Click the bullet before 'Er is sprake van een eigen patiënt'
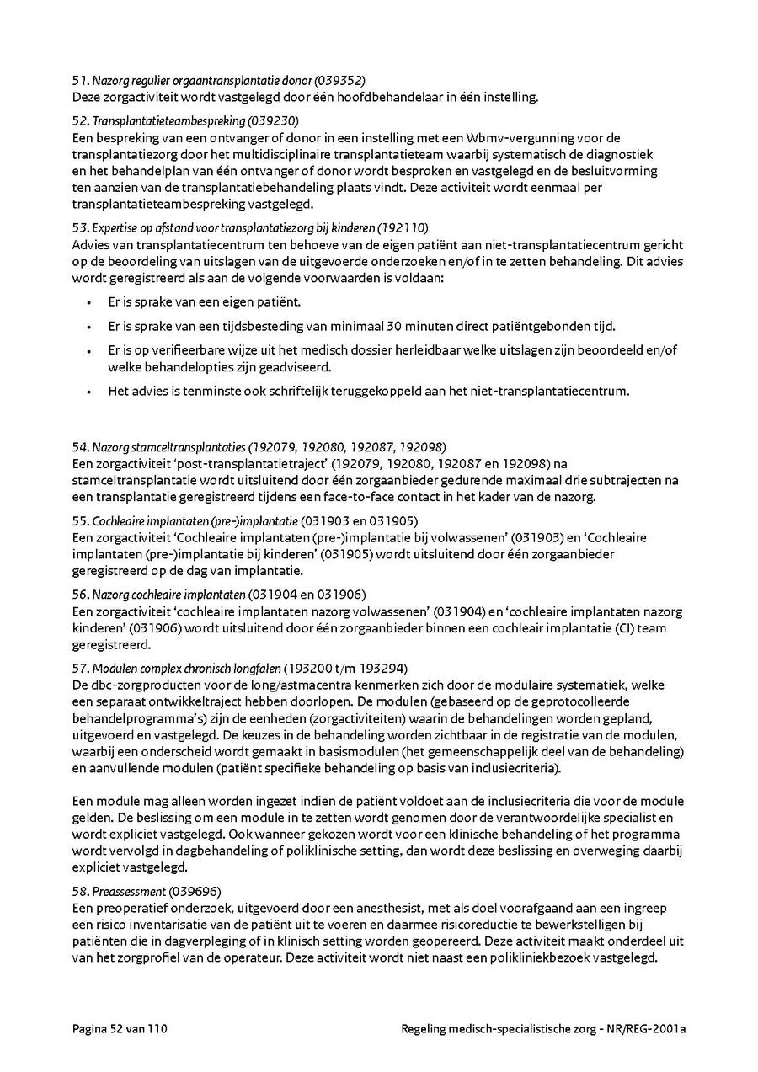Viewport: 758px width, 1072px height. pyautogui.click(x=90, y=301)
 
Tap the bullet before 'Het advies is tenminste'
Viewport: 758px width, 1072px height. pyautogui.click(x=90, y=391)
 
